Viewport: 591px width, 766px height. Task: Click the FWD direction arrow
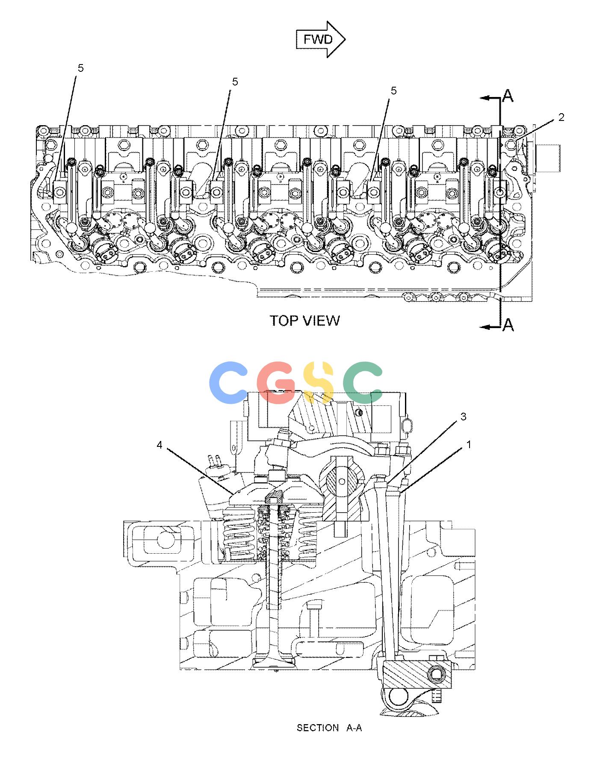[x=321, y=39]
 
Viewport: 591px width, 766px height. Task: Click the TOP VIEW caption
[x=305, y=320]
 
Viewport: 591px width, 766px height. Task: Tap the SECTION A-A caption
[x=329, y=728]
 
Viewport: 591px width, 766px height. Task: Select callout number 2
[x=561, y=117]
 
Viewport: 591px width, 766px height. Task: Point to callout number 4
[x=160, y=445]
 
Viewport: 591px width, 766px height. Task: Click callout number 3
[x=464, y=417]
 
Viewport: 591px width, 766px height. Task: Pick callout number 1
[x=469, y=445]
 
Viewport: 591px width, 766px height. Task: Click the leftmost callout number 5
[x=81, y=68]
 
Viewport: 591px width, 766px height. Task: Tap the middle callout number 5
[x=235, y=82]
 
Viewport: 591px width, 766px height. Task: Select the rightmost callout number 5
[x=393, y=91]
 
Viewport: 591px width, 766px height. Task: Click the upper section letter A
[x=508, y=96]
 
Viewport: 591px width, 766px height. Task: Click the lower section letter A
[x=508, y=325]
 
